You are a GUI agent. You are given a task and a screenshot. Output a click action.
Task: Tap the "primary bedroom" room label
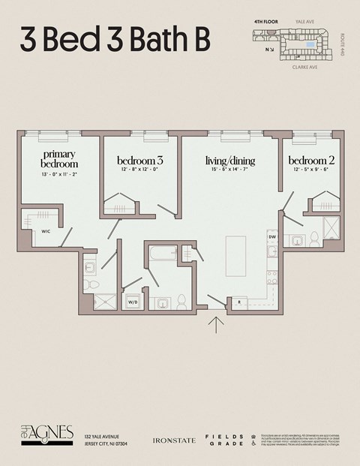tap(58, 158)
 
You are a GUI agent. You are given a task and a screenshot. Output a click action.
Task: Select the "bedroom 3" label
tap(140, 161)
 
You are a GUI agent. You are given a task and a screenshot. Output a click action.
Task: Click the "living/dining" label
tap(230, 161)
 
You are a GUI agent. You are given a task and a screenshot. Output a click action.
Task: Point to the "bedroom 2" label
tap(311, 161)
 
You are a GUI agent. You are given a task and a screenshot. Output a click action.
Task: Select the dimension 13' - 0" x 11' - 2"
tap(58, 173)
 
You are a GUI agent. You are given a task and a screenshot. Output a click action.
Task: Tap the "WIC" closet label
tap(46, 232)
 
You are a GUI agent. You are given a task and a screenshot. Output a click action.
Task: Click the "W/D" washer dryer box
tap(133, 302)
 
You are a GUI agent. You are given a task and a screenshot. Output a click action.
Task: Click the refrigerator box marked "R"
tap(238, 302)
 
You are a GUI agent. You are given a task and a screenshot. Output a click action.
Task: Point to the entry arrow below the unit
tap(216, 324)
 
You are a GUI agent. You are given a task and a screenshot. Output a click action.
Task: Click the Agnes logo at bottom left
tap(46, 434)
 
